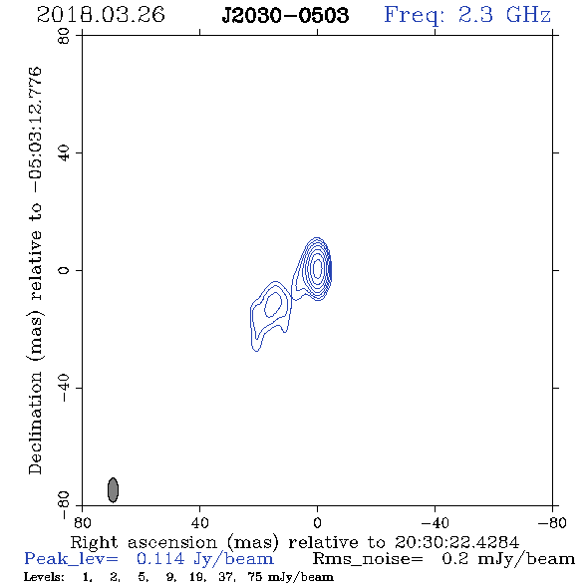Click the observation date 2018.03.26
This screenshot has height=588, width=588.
click(x=101, y=15)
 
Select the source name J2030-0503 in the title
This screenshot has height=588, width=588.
click(x=285, y=16)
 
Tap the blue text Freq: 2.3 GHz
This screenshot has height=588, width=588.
click(x=467, y=16)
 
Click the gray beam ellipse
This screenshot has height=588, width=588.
click(x=113, y=489)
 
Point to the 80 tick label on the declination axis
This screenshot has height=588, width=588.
click(x=64, y=36)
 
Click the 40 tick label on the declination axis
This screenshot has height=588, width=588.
click(x=64, y=153)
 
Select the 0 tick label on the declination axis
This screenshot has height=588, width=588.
click(x=64, y=270)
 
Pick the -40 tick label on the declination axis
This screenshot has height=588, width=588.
click(x=64, y=387)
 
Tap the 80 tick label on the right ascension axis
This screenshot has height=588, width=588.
click(x=82, y=522)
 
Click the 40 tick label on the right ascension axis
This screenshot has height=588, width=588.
click(x=200, y=522)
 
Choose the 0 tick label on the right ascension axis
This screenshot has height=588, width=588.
click(x=317, y=522)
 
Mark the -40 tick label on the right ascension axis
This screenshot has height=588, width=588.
click(x=435, y=522)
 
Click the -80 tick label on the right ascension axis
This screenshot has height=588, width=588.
click(x=552, y=522)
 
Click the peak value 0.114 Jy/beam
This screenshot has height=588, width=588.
click(x=205, y=559)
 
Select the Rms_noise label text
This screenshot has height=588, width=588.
click(x=368, y=559)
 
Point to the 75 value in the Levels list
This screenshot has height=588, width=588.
click(x=254, y=576)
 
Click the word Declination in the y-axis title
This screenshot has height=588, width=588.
click(x=36, y=423)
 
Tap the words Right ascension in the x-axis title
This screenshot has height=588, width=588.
click(x=144, y=542)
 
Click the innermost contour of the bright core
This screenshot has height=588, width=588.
click(x=318, y=268)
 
